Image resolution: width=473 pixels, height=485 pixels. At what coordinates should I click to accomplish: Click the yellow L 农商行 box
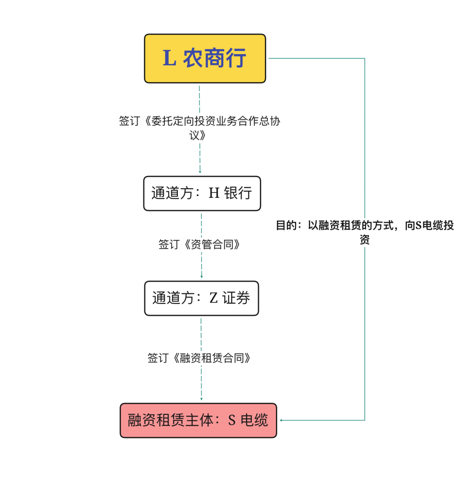point(205,58)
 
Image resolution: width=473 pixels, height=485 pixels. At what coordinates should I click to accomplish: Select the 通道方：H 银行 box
point(202,193)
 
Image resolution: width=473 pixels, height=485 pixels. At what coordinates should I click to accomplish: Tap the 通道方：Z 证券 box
point(201,298)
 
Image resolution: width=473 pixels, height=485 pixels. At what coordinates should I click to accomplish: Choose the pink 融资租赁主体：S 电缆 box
point(198,421)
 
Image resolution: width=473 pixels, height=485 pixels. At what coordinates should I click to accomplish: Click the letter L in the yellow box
point(169,58)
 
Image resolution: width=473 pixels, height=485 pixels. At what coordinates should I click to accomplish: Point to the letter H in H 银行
point(214,193)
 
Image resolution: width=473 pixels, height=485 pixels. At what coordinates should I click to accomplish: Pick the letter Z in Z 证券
point(213,298)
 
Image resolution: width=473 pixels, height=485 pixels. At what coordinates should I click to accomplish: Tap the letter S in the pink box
point(232,421)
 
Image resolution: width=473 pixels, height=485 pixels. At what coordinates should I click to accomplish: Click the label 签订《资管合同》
point(199,244)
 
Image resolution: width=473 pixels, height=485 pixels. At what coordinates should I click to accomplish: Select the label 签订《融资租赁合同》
point(199,358)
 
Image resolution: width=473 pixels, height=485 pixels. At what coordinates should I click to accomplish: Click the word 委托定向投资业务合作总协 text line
point(215,121)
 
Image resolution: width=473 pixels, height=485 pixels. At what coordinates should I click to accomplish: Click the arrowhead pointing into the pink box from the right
point(281,421)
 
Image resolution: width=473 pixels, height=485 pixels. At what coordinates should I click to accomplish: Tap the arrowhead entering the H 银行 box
point(200,171)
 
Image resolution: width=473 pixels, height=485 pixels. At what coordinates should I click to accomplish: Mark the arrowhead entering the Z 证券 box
point(202,277)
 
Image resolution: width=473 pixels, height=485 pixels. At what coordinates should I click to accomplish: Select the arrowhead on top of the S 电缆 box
point(201,399)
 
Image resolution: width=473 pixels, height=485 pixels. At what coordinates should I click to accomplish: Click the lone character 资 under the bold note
point(364,239)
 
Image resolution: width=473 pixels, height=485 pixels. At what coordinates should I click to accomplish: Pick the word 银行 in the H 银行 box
point(238,193)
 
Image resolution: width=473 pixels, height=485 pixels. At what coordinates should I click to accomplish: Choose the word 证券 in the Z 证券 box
point(236,298)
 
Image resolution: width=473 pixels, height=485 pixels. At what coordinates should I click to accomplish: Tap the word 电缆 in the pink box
point(254,421)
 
